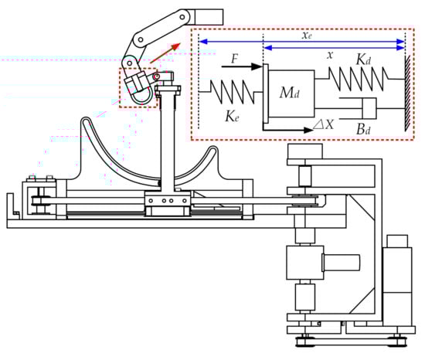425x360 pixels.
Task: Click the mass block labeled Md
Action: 291,93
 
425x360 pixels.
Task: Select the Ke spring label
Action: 232,117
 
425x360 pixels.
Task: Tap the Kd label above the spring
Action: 363,59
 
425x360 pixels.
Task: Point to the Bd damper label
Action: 363,129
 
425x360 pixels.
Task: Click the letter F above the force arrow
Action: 235,59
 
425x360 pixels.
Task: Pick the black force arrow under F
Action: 242,66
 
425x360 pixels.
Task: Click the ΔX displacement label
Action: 323,124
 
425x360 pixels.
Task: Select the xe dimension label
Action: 307,36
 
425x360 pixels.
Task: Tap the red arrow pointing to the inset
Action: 165,53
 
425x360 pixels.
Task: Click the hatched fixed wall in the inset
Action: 408,93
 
